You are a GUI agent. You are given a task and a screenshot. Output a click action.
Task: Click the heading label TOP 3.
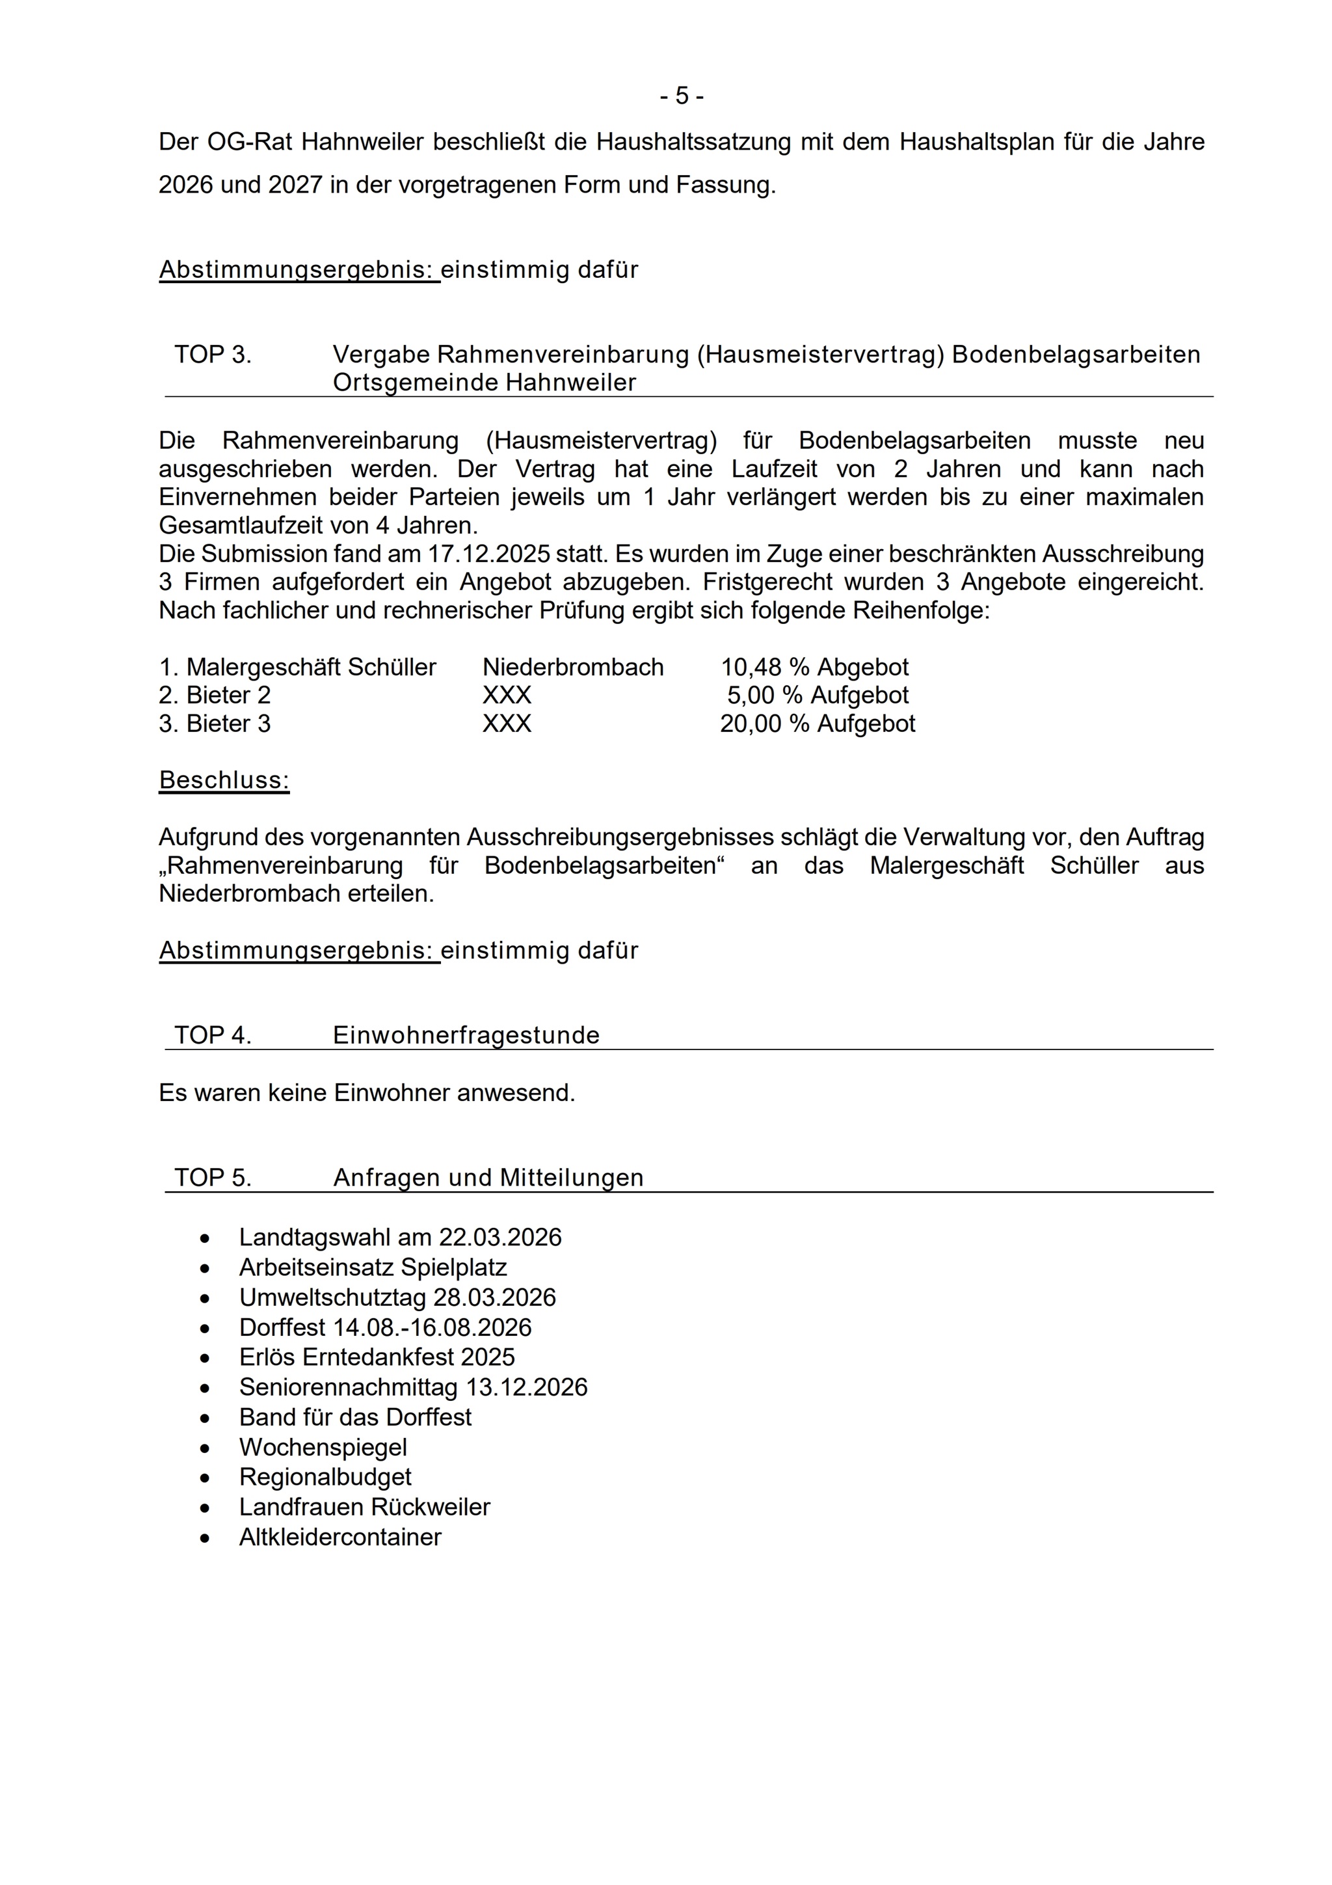[x=213, y=355]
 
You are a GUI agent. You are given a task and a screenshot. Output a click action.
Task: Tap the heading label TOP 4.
[x=213, y=1035]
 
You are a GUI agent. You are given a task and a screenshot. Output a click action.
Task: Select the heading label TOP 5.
[x=213, y=1178]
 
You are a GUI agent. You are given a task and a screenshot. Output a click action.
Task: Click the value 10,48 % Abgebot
[x=814, y=668]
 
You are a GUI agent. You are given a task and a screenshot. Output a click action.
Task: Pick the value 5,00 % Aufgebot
[x=818, y=696]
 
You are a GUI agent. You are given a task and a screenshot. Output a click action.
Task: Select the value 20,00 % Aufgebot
[x=818, y=724]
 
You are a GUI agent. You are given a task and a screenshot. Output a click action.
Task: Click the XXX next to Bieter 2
[x=507, y=696]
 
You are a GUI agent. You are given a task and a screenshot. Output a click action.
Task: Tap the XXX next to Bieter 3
[x=507, y=724]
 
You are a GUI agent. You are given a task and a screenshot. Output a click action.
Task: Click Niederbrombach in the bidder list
[x=573, y=668]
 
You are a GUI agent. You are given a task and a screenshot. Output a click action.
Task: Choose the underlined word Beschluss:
[x=224, y=780]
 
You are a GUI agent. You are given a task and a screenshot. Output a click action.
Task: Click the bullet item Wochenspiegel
[x=323, y=1447]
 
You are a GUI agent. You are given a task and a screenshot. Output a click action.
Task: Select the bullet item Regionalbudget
[x=325, y=1477]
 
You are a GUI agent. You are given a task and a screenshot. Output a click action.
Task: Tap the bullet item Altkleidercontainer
[x=340, y=1537]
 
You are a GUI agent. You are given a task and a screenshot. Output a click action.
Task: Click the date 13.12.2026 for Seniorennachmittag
[x=527, y=1387]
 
